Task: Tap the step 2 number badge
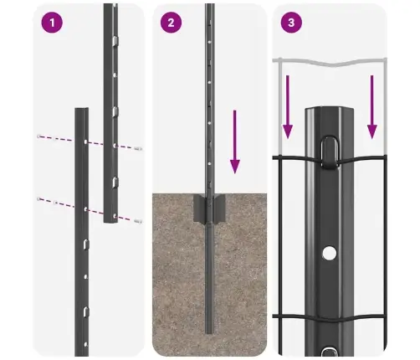171,23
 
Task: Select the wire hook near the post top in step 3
328,150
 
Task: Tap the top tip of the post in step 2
209,7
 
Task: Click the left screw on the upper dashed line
39,136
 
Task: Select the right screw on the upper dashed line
136,147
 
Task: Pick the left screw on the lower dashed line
39,198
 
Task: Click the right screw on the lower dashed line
136,220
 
